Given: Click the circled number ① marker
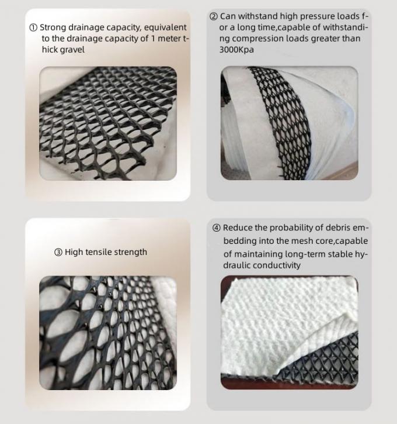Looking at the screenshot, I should (x=33, y=27).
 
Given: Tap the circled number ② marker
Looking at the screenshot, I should (x=214, y=16).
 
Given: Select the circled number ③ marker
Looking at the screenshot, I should (x=58, y=252).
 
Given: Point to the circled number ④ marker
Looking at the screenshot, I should (x=217, y=228).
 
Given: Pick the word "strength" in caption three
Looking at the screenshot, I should (x=133, y=252).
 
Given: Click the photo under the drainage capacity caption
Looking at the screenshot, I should (x=108, y=123).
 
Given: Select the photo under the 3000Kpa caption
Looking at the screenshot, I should (x=289, y=123).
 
